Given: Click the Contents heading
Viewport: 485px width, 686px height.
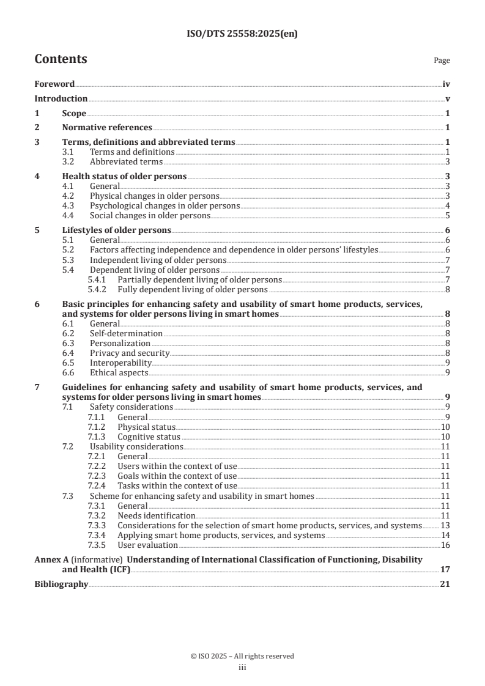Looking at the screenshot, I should (61, 59).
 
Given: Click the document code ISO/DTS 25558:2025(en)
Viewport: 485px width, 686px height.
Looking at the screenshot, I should (242, 34).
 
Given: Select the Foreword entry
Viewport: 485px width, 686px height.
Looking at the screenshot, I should (54, 84).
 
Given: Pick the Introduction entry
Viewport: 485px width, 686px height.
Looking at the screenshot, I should (61, 98).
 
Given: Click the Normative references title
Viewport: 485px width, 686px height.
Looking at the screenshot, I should (107, 128).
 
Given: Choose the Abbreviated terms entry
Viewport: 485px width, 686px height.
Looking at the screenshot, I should (126, 162).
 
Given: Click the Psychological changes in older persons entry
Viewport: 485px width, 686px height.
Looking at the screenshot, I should (165, 206).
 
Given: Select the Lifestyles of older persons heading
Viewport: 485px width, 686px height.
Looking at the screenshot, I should (116, 230).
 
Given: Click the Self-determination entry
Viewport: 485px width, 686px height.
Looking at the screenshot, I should (126, 334).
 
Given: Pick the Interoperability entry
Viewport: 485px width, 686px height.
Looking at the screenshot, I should (120, 363).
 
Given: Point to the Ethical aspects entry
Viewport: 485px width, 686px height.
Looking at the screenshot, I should (119, 372).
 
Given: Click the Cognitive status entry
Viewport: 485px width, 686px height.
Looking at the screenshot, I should (149, 437).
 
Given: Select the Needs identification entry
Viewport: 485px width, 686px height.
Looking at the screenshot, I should (156, 515).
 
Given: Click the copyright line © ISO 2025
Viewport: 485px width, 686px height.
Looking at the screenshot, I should (242, 656).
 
